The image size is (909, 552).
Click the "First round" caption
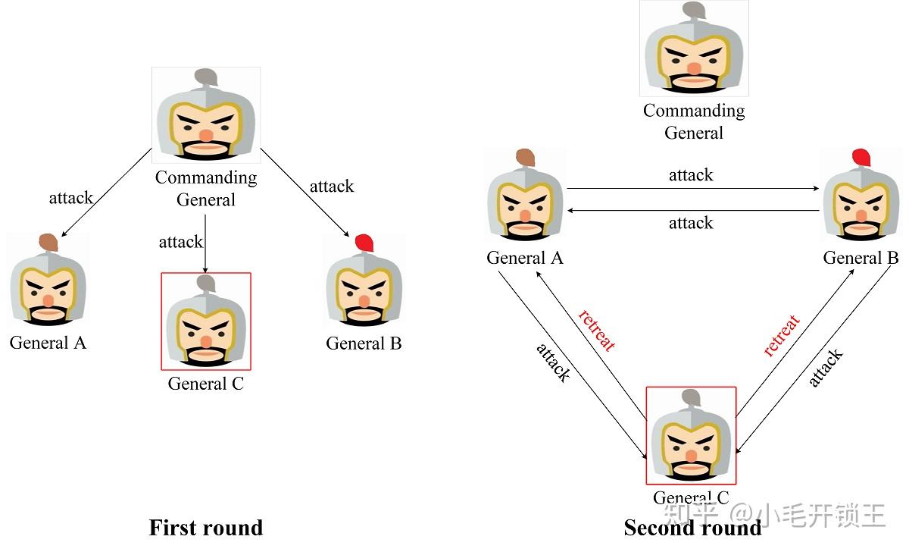point(205,528)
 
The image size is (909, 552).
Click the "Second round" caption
point(692,528)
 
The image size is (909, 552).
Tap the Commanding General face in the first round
point(205,121)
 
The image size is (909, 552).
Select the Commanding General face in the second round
point(694,55)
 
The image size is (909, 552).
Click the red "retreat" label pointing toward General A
point(596,330)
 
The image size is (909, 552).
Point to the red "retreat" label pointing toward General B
point(781,336)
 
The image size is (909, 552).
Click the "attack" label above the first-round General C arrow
point(180,242)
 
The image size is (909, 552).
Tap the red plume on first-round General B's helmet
point(364,243)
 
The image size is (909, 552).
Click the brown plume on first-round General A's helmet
point(48,242)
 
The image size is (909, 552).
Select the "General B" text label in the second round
point(861,258)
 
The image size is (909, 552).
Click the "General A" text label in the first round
point(48,343)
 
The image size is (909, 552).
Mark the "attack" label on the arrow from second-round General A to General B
point(691,175)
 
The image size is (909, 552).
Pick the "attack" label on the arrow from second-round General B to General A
point(691,223)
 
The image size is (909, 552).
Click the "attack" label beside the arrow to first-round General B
point(332,187)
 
